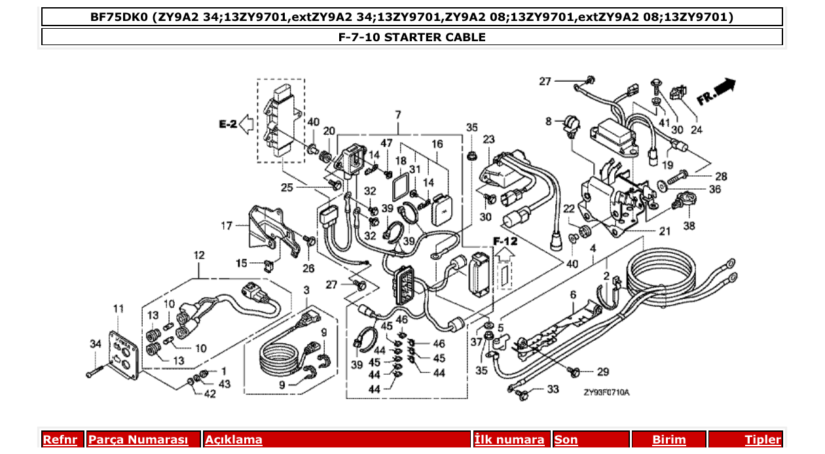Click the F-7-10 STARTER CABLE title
412,37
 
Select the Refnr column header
60,440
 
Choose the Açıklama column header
234,440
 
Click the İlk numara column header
509,440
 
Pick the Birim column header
669,440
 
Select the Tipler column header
762,440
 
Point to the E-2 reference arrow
247,123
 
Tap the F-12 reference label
505,241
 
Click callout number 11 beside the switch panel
118,308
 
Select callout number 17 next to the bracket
227,226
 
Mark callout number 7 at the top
397,115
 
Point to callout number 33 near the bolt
553,389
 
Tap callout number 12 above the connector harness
198,254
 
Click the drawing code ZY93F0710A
606,393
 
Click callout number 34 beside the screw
96,344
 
